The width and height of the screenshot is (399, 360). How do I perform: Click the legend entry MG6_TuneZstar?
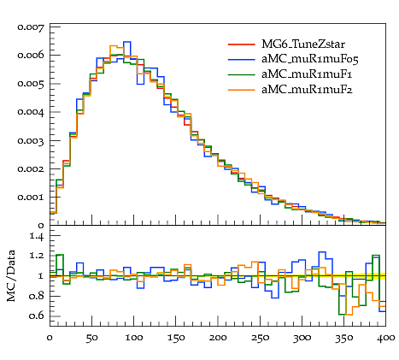click(303, 44)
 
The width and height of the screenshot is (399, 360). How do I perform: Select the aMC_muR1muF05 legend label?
click(310, 59)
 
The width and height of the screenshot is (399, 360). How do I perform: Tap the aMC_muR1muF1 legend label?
click(307, 74)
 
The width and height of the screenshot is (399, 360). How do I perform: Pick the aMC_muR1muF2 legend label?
click(307, 90)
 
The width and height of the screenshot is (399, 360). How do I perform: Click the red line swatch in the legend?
click(241, 44)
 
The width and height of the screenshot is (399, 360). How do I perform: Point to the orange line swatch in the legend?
click(241, 90)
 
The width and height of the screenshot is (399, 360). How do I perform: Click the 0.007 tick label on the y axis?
click(31, 27)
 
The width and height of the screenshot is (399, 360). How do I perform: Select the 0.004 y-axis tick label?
click(31, 112)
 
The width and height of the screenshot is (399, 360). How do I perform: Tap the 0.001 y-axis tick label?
click(31, 197)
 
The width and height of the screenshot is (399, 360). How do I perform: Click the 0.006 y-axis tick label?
click(31, 55)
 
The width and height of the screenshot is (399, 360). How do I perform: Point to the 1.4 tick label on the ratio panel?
click(37, 236)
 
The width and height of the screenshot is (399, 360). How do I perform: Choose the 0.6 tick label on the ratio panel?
click(37, 316)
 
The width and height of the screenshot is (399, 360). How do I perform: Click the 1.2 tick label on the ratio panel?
click(37, 256)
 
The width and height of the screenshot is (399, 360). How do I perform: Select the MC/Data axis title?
click(11, 275)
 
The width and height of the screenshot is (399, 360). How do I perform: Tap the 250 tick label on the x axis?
click(260, 338)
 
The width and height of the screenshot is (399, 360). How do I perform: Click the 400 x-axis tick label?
click(386, 338)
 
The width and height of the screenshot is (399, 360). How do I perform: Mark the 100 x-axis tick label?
click(134, 338)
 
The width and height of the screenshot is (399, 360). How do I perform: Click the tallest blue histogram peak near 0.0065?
click(127, 42)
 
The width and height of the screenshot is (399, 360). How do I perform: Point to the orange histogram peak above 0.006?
click(114, 46)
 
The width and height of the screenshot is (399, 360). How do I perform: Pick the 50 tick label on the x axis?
click(91, 338)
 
